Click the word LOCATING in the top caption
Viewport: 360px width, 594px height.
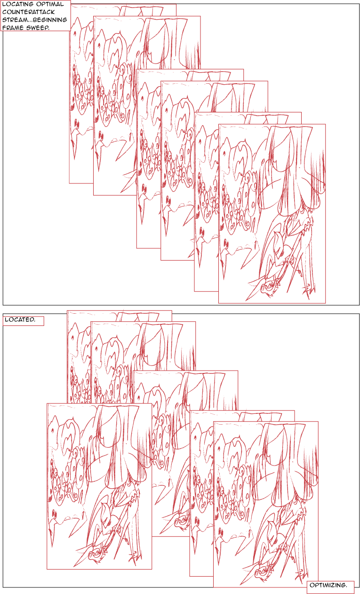pyautogui.click(x=18, y=4)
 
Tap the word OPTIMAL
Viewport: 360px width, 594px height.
pyautogui.click(x=50, y=4)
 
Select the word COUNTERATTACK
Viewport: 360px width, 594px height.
pyautogui.click(x=28, y=12)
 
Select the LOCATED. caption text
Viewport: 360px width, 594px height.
pyautogui.click(x=20, y=319)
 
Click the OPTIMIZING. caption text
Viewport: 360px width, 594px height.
pyautogui.click(x=328, y=585)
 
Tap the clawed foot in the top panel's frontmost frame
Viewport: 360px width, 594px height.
pyautogui.click(x=309, y=289)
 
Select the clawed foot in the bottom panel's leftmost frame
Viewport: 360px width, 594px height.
pyautogui.click(x=136, y=555)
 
